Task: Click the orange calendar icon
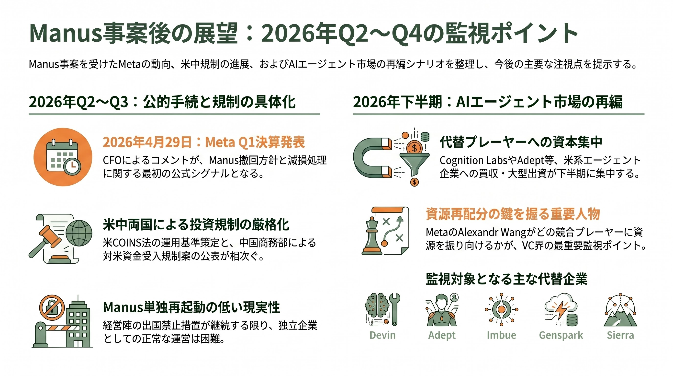click(63, 157)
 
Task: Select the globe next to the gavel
click(79, 233)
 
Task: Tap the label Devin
click(382, 335)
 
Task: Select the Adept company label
click(442, 335)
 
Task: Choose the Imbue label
click(501, 335)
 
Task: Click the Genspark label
click(561, 335)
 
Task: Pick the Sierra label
click(620, 335)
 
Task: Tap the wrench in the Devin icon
click(394, 308)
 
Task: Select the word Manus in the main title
click(65, 34)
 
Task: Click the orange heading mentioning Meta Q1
click(204, 142)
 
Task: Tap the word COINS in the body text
click(126, 243)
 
